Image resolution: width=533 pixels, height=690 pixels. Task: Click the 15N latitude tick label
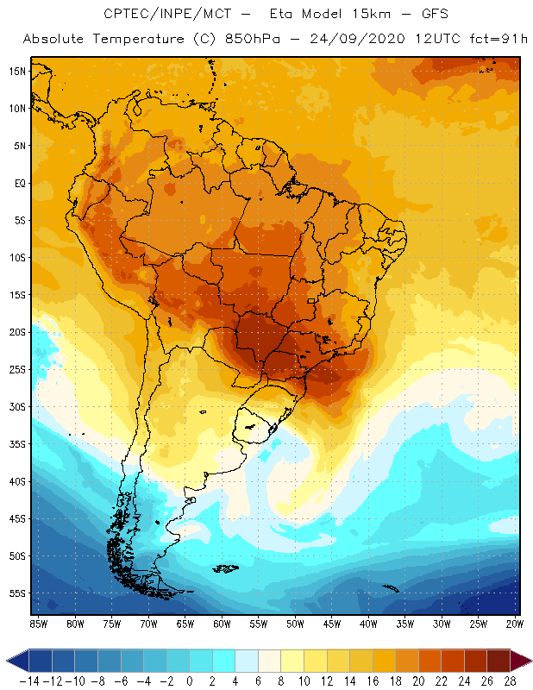17,71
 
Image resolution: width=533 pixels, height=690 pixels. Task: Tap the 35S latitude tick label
17,444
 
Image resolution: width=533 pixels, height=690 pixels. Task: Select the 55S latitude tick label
17,593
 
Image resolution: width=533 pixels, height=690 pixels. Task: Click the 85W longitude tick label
38,624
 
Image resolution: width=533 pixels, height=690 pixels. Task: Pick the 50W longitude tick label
295,624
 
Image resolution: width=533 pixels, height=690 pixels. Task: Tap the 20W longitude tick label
515,624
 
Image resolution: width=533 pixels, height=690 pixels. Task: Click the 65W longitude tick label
185,624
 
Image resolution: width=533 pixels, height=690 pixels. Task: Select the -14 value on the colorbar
29,681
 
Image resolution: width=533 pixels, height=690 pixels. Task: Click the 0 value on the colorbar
190,681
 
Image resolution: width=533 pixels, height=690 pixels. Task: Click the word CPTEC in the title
128,15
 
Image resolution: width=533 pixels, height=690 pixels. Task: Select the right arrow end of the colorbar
523,661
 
